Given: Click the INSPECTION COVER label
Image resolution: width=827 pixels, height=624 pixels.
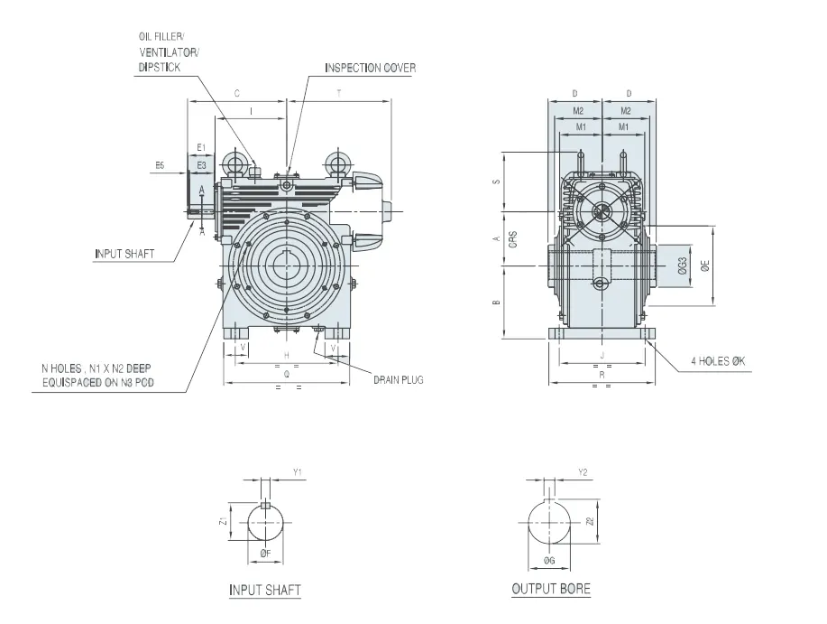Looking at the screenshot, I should (371, 68).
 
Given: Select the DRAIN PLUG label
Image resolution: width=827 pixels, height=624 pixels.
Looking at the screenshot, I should (398, 379).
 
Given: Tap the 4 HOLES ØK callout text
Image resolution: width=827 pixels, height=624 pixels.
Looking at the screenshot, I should (718, 361).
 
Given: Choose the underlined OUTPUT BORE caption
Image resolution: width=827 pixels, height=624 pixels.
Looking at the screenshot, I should (551, 589).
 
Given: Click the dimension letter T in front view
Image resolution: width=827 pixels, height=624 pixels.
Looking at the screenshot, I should (339, 93).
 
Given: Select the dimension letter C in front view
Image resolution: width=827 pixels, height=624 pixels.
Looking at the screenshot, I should (236, 93).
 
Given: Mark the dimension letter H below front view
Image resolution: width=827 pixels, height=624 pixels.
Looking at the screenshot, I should (286, 355).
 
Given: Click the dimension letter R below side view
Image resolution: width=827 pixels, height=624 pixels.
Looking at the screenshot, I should (600, 371).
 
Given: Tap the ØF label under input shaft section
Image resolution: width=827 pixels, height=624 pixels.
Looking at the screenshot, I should (265, 554).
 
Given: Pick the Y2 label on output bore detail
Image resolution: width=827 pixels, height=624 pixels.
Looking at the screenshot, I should (583, 471).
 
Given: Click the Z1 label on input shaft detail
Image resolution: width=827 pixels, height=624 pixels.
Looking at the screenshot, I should (222, 520).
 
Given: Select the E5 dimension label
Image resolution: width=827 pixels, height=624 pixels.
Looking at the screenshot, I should (159, 165).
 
